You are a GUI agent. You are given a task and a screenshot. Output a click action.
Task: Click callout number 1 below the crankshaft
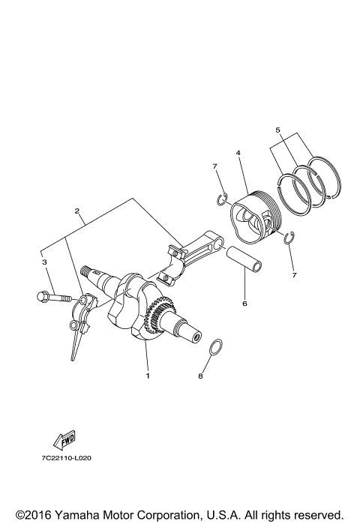point(148,375)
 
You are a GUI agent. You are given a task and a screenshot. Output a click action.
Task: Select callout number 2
point(76,211)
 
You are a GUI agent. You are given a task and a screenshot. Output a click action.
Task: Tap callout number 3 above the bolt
point(44,262)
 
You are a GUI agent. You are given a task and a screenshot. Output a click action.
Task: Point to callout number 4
point(237,154)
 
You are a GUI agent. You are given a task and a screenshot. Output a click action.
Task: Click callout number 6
point(243,304)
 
